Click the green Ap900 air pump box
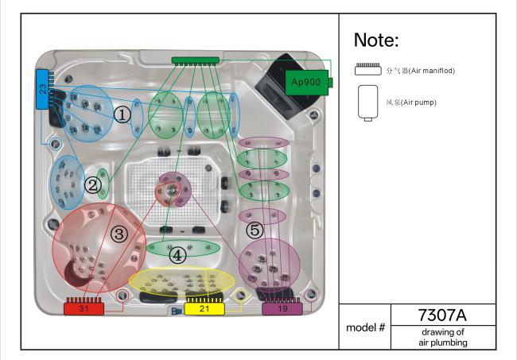(308, 83)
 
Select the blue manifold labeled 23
(42, 89)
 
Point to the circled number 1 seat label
(122, 115)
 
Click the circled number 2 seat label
(92, 185)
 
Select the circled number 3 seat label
(119, 234)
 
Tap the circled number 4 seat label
(177, 255)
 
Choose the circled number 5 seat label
(255, 230)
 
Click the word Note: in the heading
(376, 40)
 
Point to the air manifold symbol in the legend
(368, 69)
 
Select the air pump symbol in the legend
(368, 103)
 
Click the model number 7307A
(442, 315)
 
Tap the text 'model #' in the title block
(365, 327)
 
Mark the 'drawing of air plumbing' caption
(443, 337)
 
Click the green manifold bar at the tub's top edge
(195, 60)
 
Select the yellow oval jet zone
(181, 281)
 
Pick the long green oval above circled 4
(183, 248)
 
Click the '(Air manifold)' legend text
(432, 71)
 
